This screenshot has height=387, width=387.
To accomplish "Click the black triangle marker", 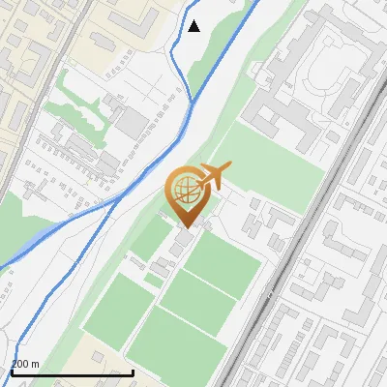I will click(x=194, y=26).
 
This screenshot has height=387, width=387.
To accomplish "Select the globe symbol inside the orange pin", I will click(x=185, y=188).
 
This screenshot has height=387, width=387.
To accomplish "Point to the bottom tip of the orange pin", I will click(x=185, y=228).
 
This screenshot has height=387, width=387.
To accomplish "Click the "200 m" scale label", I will click(x=25, y=364).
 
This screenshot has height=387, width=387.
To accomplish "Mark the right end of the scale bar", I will click(x=133, y=372).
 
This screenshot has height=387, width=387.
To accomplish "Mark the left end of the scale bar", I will click(x=12, y=372).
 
